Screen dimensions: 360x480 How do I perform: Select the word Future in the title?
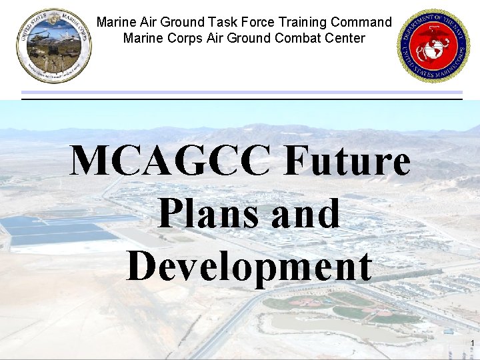(347, 161)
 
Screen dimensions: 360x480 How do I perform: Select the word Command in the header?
(365, 22)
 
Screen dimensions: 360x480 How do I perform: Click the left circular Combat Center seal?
(54, 45)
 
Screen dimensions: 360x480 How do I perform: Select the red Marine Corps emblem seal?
(433, 45)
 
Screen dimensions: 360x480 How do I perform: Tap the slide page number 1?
(472, 344)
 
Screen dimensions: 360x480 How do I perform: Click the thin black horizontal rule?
(241, 99)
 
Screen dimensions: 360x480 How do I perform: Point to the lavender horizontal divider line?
(241, 92)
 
